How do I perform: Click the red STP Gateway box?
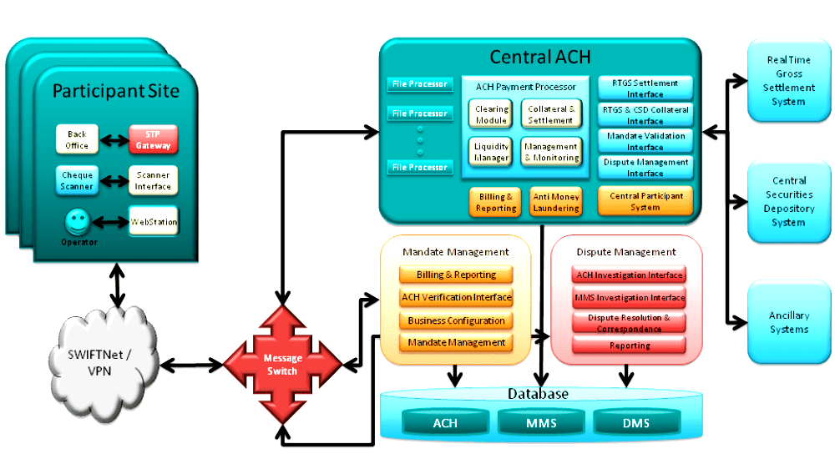tap(153, 139)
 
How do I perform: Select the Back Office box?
tap(77, 139)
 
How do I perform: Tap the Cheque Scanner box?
tap(77, 180)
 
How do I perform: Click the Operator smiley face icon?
tap(78, 222)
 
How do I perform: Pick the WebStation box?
tap(154, 221)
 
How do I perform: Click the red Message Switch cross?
tap(282, 365)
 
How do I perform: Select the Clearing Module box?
tap(491, 114)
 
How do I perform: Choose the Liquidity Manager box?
tap(491, 152)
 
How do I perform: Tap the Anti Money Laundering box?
tap(556, 202)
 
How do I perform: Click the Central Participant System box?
tap(645, 201)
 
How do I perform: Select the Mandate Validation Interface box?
tap(645, 141)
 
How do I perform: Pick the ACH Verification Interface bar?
tap(457, 297)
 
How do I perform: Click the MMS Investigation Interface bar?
tap(630, 298)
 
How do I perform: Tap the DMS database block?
tap(636, 423)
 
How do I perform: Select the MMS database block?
tap(542, 423)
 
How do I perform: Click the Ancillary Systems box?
tap(789, 323)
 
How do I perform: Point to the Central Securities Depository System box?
tap(789, 202)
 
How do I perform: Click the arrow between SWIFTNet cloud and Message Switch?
tap(192, 365)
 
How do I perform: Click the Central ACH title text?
tap(540, 57)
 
